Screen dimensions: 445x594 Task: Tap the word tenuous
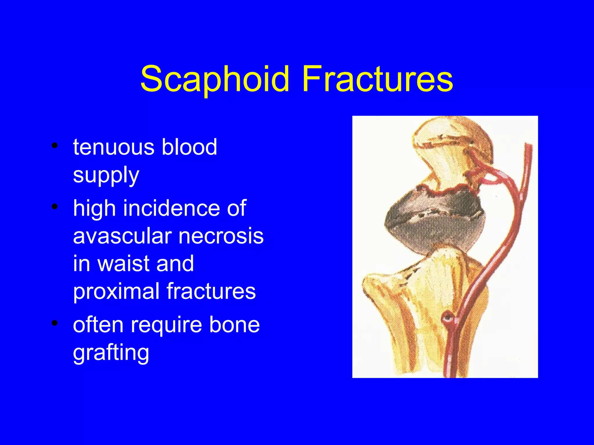[113, 147]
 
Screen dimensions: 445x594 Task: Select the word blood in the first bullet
[189, 147]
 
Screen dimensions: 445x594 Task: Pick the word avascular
[122, 236]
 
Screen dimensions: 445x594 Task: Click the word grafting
[111, 353]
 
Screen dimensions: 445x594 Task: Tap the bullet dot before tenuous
[54, 146]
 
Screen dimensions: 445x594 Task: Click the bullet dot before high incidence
[54, 207]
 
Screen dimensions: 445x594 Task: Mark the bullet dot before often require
[54, 323]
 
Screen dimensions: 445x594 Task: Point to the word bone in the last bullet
[234, 325]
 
